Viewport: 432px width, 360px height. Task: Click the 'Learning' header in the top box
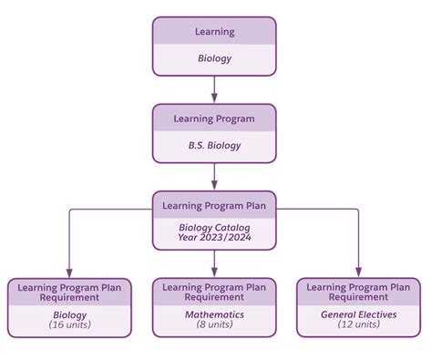(x=214, y=32)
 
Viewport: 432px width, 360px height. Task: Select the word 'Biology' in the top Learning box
(x=214, y=59)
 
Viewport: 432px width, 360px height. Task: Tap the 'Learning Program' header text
(x=214, y=118)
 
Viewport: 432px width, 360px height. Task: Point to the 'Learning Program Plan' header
(x=214, y=205)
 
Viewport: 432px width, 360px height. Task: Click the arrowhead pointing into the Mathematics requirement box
(x=214, y=271)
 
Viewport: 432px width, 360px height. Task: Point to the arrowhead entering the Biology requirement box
(x=70, y=271)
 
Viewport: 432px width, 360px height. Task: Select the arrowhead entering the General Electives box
(x=358, y=271)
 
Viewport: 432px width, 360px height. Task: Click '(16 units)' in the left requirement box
(x=70, y=324)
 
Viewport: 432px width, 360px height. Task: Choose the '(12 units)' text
(x=358, y=324)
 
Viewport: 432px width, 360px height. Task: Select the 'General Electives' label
(x=358, y=314)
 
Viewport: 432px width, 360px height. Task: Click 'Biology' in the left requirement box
(x=70, y=314)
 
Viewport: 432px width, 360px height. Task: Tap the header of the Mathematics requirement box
(x=214, y=292)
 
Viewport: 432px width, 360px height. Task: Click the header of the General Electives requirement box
(x=358, y=292)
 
